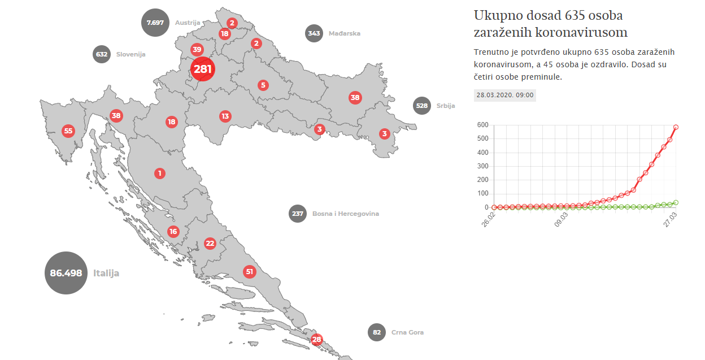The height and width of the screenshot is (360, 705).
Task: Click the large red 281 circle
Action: click(202, 69)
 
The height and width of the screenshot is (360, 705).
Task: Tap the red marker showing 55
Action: click(68, 131)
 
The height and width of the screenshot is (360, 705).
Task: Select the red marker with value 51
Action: click(250, 272)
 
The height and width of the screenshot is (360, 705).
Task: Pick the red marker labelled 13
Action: click(225, 116)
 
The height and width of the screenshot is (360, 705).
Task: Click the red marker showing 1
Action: click(160, 173)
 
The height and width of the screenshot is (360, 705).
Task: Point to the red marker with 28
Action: click(316, 340)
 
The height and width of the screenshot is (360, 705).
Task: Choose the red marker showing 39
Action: click(197, 49)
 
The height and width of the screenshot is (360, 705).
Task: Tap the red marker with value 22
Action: click(210, 244)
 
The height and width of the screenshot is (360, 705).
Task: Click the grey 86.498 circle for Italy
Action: click(66, 273)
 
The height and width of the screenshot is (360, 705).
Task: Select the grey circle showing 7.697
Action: click(155, 23)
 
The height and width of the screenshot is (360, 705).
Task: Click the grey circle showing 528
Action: click(422, 106)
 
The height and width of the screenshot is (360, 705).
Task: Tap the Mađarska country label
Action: click(344, 33)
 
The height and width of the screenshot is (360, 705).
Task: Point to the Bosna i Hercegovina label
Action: click(345, 214)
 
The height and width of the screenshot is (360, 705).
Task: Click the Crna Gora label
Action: click(407, 332)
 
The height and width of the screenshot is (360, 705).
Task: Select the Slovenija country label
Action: click(130, 54)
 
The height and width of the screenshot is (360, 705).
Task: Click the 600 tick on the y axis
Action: click(482, 125)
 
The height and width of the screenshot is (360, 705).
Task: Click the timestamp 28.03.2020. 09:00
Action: click(505, 95)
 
